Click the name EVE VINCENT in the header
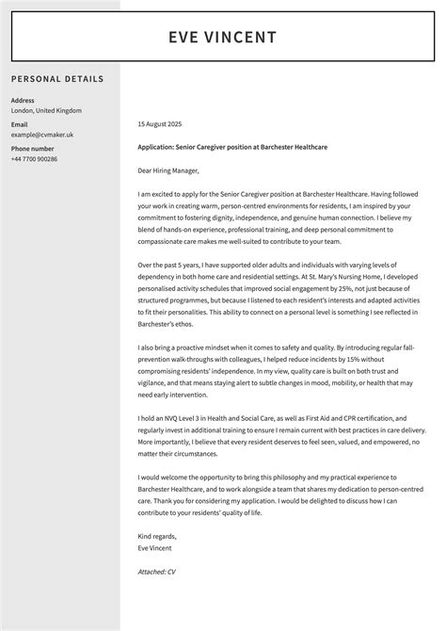(x=223, y=38)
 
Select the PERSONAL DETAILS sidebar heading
(x=57, y=79)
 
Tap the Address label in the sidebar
(x=23, y=100)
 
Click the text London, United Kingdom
(x=46, y=110)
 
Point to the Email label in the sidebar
(x=19, y=124)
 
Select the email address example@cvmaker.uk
(x=42, y=135)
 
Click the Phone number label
(x=32, y=149)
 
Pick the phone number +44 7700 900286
(x=34, y=159)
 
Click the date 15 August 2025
(x=159, y=123)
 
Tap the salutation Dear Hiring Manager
(x=168, y=170)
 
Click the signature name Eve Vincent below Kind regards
(x=155, y=548)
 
